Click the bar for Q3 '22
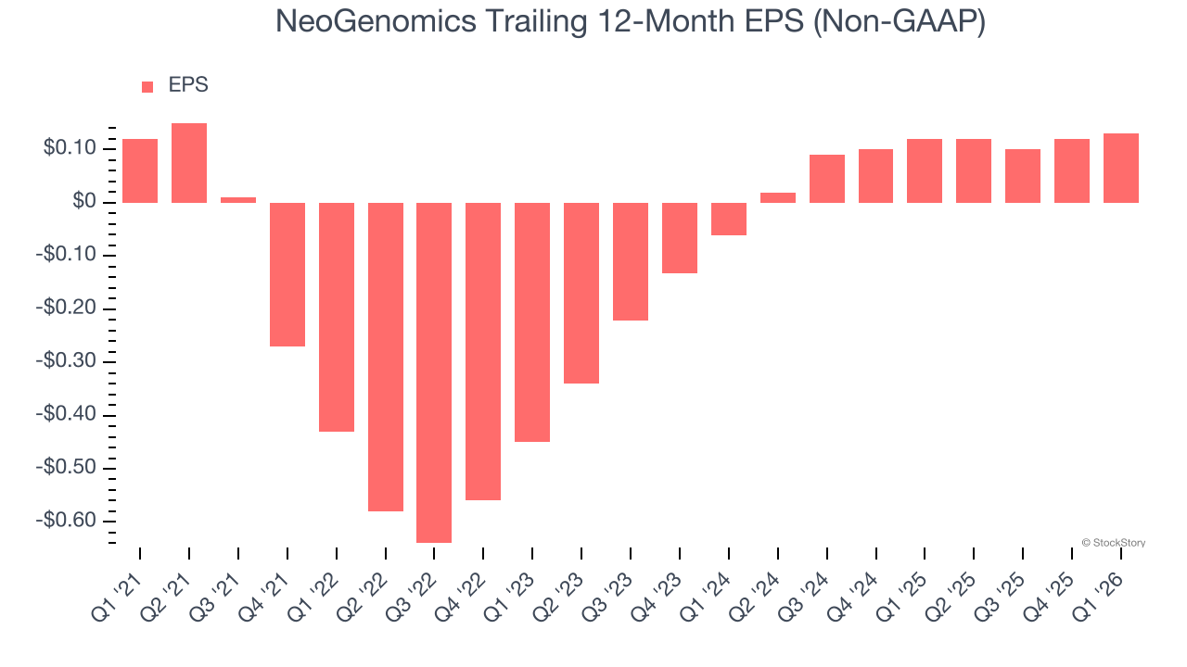click(x=434, y=372)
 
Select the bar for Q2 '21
click(x=189, y=163)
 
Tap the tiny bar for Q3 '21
click(x=238, y=199)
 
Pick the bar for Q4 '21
click(x=287, y=274)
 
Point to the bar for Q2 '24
click(x=778, y=197)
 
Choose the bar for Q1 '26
click(x=1121, y=168)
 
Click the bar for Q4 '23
click(x=680, y=238)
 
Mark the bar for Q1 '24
click(x=729, y=219)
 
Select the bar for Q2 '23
click(x=581, y=293)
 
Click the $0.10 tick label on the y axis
click(x=70, y=148)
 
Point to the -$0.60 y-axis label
click(x=66, y=521)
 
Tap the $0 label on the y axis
click(x=83, y=202)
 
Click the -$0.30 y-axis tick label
click(x=66, y=361)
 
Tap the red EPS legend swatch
click(x=147, y=87)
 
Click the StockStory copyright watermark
click(x=1113, y=543)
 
